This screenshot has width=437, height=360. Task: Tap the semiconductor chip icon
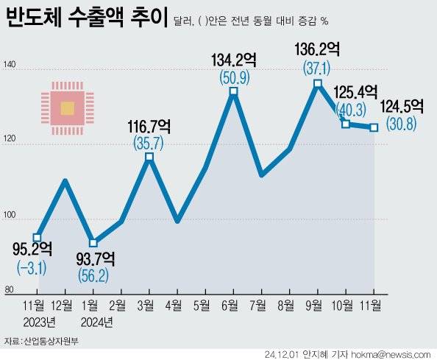click(67, 109)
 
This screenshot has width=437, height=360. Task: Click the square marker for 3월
click(149, 157)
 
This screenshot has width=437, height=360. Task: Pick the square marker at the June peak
click(233, 91)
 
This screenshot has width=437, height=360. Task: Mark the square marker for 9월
click(317, 84)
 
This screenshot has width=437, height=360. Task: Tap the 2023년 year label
click(40, 322)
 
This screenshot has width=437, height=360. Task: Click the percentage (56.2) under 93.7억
click(96, 275)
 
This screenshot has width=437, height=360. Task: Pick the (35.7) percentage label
click(149, 141)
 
